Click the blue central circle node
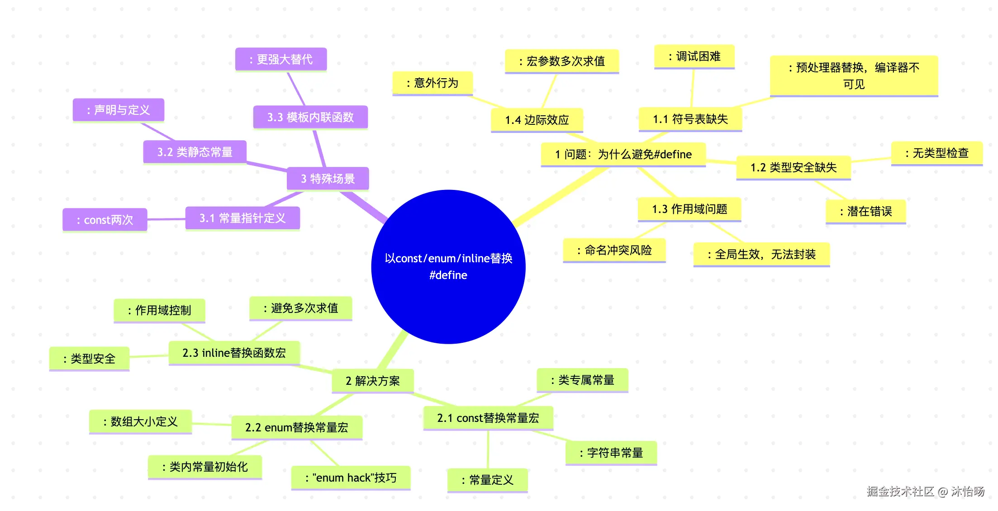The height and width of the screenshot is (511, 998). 448,267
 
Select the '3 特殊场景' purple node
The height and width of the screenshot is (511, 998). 328,179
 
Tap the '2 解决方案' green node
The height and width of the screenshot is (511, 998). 373,381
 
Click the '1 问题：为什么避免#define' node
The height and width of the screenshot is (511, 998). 623,154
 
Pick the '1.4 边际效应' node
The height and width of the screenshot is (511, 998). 537,120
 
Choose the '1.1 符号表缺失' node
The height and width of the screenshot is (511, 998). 690,119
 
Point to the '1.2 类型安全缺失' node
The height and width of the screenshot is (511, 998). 794,167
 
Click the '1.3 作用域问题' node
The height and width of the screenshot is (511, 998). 689,209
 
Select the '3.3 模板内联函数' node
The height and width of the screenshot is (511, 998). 310,117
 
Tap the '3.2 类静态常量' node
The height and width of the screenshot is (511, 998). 195,152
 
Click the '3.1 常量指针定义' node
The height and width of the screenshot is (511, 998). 242,218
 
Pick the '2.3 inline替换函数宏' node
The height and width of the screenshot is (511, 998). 234,353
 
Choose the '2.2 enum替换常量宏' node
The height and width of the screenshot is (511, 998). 297,427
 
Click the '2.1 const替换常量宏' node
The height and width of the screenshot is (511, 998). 488,418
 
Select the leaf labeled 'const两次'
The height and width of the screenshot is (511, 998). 105,220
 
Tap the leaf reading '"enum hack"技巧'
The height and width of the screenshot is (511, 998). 351,478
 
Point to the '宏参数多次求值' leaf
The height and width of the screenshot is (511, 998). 562,61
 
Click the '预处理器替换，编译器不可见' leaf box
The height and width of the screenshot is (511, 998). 854,76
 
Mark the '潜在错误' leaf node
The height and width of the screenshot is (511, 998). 866,211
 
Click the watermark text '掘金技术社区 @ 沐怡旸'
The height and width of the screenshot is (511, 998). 926,492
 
